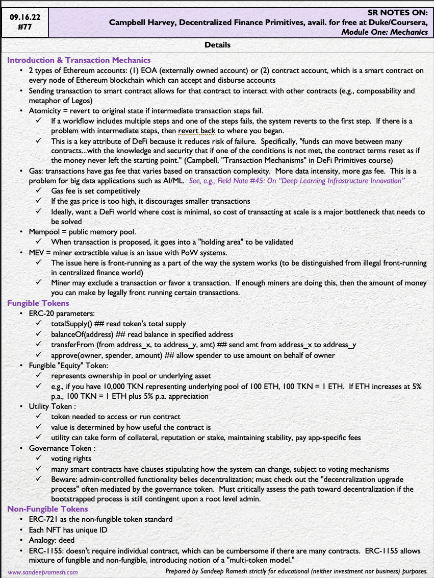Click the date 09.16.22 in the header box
(25, 16)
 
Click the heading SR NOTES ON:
(397, 12)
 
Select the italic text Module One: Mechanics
(385, 32)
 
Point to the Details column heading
(217, 45)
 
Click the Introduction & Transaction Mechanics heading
(79, 60)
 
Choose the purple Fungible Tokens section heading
(38, 303)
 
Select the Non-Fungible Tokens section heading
(47, 509)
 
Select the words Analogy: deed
(52, 540)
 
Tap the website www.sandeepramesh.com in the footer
(43, 572)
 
